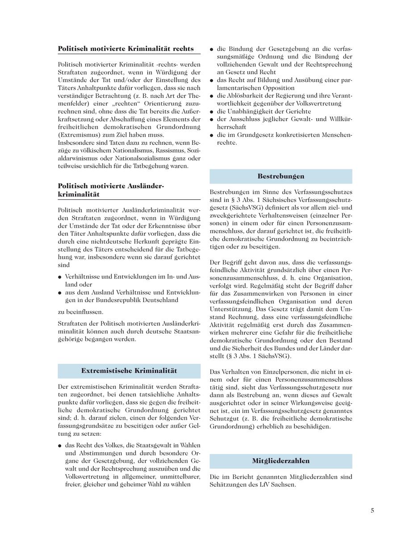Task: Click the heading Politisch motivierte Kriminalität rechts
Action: tap(126, 49)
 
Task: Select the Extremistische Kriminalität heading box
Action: tap(129, 371)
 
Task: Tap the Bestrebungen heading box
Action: tap(281, 176)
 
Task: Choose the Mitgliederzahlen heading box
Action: tap(281, 461)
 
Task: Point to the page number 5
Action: tap(372, 511)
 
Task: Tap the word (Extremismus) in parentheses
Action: tap(77, 135)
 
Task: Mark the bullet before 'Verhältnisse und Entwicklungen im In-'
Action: tap(59, 277)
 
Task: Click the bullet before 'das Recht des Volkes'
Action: tap(59, 446)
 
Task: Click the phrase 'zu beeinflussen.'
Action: tap(80, 312)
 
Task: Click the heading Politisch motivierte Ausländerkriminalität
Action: tap(111, 190)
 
